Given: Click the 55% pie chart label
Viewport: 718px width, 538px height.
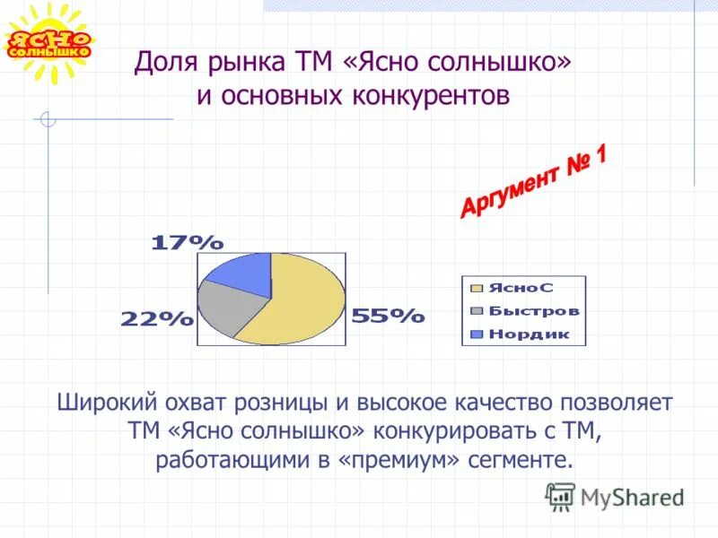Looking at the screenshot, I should tap(388, 316).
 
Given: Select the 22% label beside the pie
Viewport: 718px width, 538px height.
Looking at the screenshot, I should tap(157, 318).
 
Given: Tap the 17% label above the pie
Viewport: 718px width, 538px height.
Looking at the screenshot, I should tap(187, 242).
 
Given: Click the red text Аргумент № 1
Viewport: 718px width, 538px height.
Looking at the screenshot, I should tap(534, 181).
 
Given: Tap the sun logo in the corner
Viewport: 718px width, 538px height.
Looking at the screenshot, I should tap(49, 43).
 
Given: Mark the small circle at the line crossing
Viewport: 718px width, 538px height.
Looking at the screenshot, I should tap(48, 119).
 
